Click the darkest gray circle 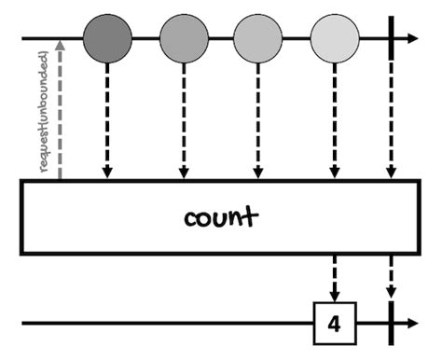point(107,38)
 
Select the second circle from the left point(183,38)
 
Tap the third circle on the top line point(257,38)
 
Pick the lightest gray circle point(333,38)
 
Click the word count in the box point(220,219)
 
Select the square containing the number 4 point(333,325)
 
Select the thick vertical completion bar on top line point(390,38)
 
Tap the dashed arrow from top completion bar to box point(390,121)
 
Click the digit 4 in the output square point(333,325)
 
